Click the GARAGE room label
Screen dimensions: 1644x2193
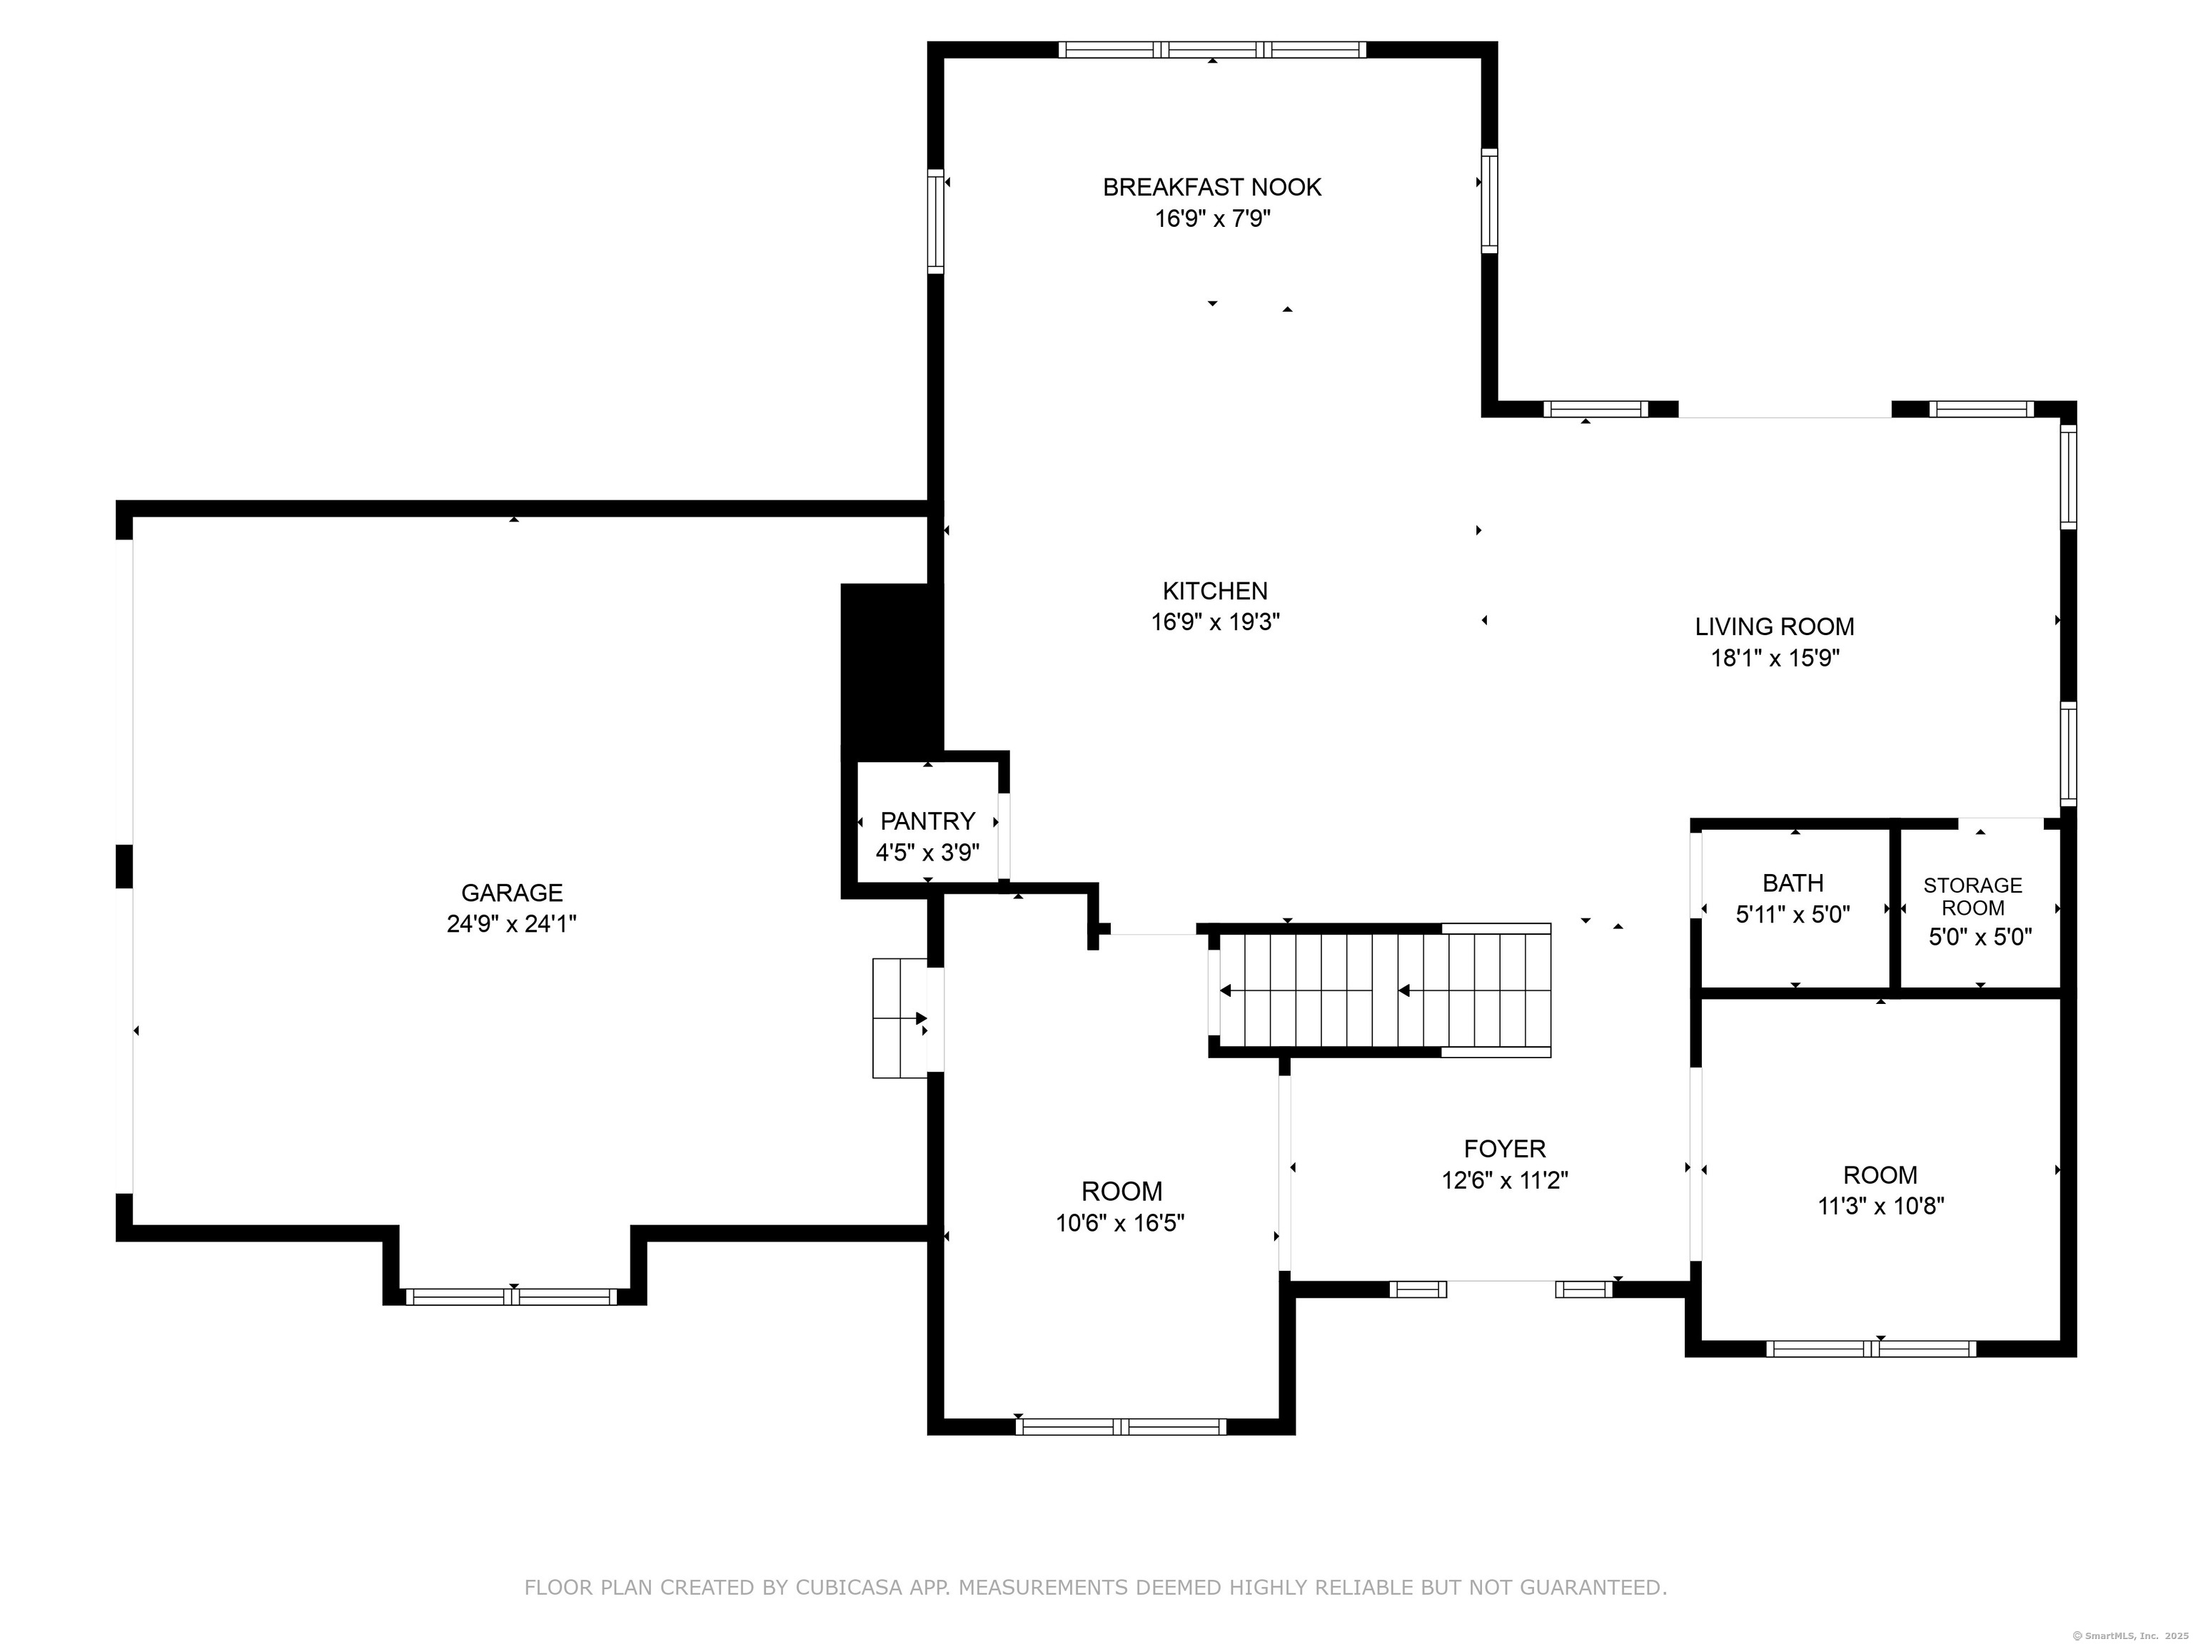[512, 892]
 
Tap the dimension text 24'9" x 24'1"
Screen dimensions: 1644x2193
[512, 923]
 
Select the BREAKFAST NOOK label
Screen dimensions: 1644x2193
[1211, 187]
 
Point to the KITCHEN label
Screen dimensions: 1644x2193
[1214, 591]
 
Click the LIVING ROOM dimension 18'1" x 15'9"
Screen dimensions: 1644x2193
[1775, 658]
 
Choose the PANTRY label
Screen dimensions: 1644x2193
[927, 821]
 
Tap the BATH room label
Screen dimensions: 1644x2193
[1793, 882]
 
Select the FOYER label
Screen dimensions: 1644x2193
[1504, 1149]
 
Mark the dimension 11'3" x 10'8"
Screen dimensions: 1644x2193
[1880, 1206]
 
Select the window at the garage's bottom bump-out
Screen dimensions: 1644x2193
[512, 1297]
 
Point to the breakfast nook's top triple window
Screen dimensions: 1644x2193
[1211, 49]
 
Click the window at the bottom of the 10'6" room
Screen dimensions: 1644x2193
[1120, 1427]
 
